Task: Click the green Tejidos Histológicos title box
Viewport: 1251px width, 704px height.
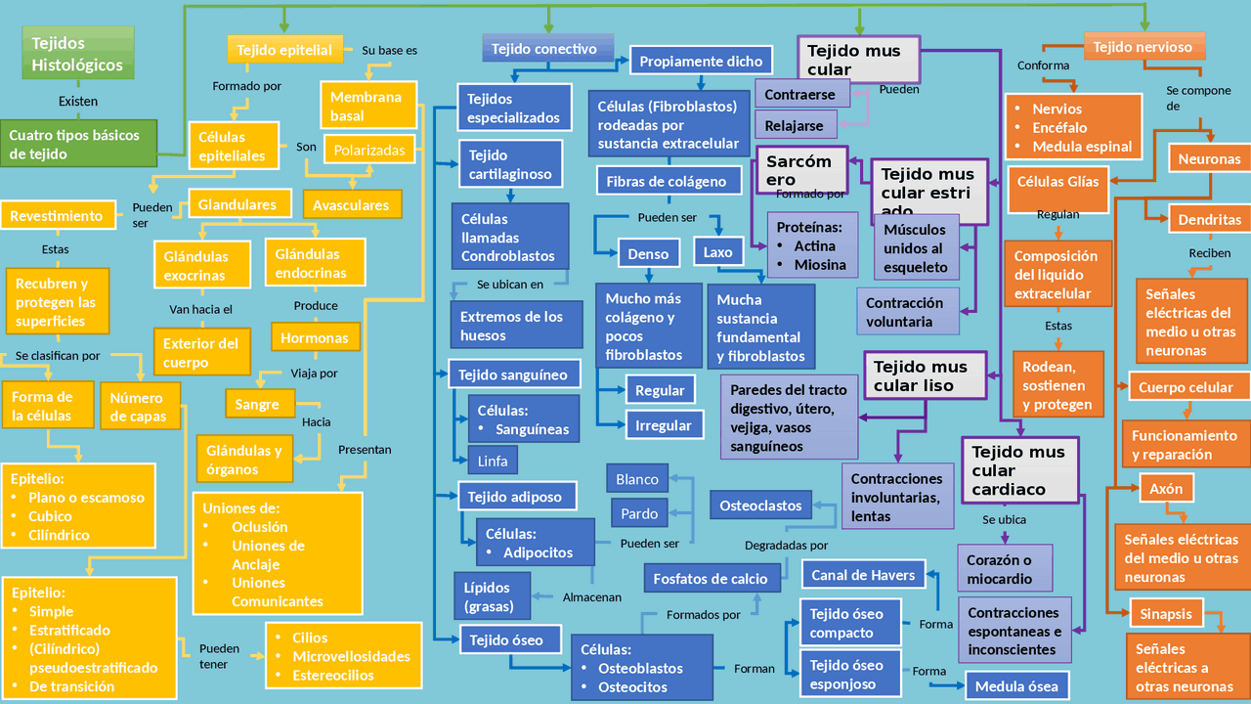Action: pyautogui.click(x=77, y=53)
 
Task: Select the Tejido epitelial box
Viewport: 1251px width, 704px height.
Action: pyautogui.click(x=284, y=50)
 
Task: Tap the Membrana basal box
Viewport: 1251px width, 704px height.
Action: pyautogui.click(x=367, y=106)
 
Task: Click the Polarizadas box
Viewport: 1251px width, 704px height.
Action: pyautogui.click(x=369, y=151)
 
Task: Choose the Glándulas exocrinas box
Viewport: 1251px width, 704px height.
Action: pyautogui.click(x=195, y=265)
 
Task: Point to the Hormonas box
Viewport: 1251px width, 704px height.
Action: pyautogui.click(x=314, y=337)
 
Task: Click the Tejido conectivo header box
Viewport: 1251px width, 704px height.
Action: pyautogui.click(x=546, y=49)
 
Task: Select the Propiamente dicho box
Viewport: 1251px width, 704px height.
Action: pyautogui.click(x=701, y=61)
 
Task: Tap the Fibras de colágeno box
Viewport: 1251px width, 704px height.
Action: pyautogui.click(x=667, y=181)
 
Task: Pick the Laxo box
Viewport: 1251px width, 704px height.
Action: pyautogui.click(x=717, y=252)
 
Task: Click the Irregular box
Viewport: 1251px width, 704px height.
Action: pyautogui.click(x=663, y=425)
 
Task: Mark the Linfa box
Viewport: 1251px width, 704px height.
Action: pyautogui.click(x=493, y=461)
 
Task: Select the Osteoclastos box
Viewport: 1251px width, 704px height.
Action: pyautogui.click(x=760, y=506)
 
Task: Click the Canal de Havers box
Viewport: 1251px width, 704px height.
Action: pyautogui.click(x=863, y=575)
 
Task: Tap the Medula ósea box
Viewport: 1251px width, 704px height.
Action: pyautogui.click(x=1016, y=685)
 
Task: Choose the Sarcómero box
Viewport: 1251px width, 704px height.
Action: pyautogui.click(x=799, y=170)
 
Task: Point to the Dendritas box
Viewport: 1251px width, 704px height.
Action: pyautogui.click(x=1209, y=220)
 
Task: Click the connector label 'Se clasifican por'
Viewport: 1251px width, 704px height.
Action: pyautogui.click(x=58, y=356)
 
